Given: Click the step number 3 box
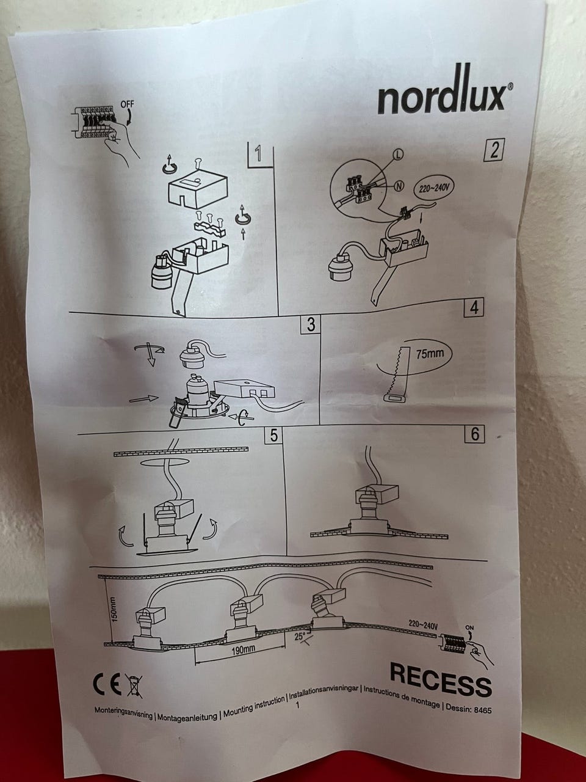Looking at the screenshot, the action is [311, 324].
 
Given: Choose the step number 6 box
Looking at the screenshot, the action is [475, 434].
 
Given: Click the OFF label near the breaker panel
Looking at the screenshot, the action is [128, 104].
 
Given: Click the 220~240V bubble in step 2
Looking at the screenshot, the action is [433, 188].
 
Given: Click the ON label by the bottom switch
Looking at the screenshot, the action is [469, 627].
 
